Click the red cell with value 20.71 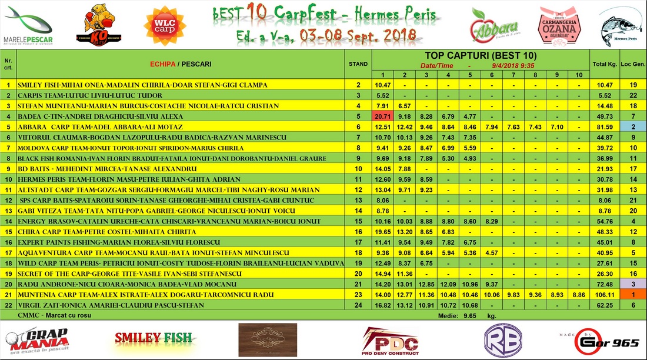click(382, 116)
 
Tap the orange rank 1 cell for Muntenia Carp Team click(633, 294)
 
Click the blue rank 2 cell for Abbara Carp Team click(633, 126)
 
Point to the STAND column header click(358, 64)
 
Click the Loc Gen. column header click(633, 64)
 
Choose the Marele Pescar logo click(28, 26)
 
